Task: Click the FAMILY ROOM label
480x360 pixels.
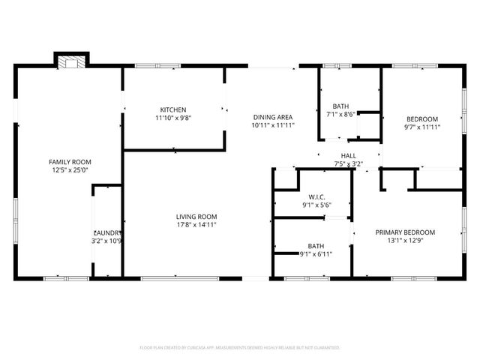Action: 70,162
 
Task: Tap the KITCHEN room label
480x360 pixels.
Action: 172,109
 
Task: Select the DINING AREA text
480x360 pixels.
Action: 272,117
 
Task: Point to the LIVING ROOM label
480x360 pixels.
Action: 196,217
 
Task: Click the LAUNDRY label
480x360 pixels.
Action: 107,233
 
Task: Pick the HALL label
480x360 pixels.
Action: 349,154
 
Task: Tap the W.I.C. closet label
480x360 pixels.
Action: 316,198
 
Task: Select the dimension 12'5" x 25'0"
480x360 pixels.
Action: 70,170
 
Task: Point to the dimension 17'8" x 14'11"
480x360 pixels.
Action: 196,225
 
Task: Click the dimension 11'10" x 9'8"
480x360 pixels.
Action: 172,118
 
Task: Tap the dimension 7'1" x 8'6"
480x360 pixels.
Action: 340,115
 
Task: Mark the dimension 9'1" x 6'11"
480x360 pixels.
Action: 316,254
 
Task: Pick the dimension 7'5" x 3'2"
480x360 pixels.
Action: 349,163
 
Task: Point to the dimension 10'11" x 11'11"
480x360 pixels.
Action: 272,125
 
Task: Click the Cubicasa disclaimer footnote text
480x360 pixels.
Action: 240,348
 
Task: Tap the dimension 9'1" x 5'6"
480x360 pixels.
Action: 316,206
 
